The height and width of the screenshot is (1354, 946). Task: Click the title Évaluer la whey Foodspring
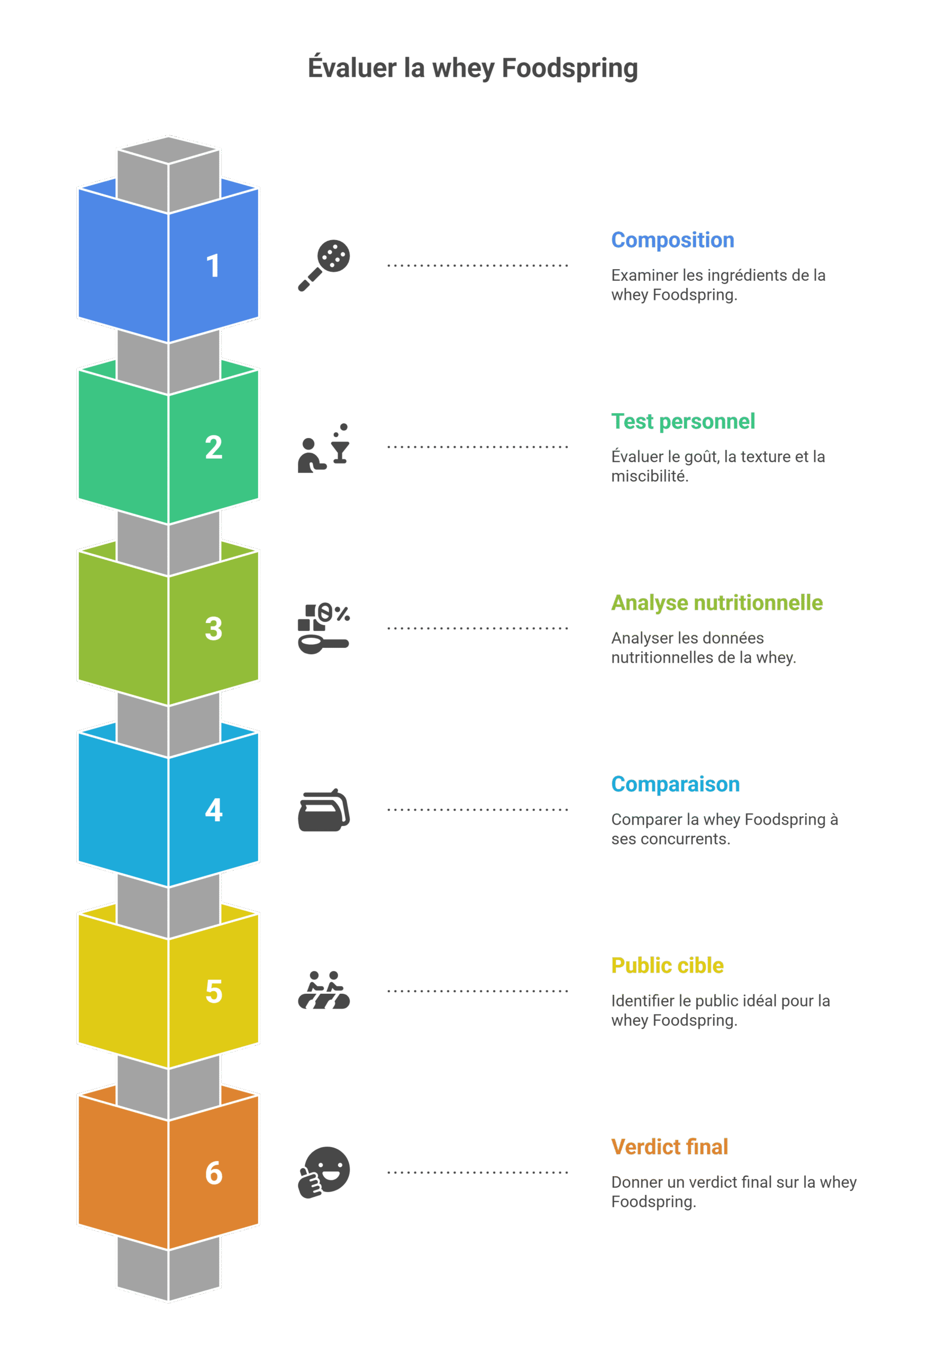tap(472, 68)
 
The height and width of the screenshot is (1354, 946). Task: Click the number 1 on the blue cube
tap(213, 266)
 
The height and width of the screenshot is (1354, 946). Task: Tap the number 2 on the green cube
tap(214, 447)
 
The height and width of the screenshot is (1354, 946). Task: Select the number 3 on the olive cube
tap(214, 629)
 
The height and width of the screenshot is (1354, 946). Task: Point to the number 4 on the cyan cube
tap(214, 810)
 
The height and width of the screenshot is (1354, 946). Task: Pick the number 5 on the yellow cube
tap(214, 991)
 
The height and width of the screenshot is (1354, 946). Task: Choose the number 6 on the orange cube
tap(214, 1173)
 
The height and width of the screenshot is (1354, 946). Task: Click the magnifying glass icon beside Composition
tap(324, 266)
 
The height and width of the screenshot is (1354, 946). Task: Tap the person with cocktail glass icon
tap(324, 447)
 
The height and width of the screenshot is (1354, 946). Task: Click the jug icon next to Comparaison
tap(324, 810)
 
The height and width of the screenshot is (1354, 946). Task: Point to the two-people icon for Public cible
tap(324, 990)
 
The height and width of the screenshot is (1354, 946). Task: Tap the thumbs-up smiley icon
tap(324, 1173)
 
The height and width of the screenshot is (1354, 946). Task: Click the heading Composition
tap(672, 241)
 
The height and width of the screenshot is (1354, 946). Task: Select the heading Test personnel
tap(683, 422)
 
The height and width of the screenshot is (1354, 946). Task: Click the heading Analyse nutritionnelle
tap(716, 603)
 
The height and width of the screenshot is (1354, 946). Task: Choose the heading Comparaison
tap(675, 784)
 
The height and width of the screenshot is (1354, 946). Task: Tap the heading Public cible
tap(667, 965)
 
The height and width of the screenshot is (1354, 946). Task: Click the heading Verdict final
tap(669, 1147)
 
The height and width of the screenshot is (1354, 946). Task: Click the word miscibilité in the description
tap(649, 477)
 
